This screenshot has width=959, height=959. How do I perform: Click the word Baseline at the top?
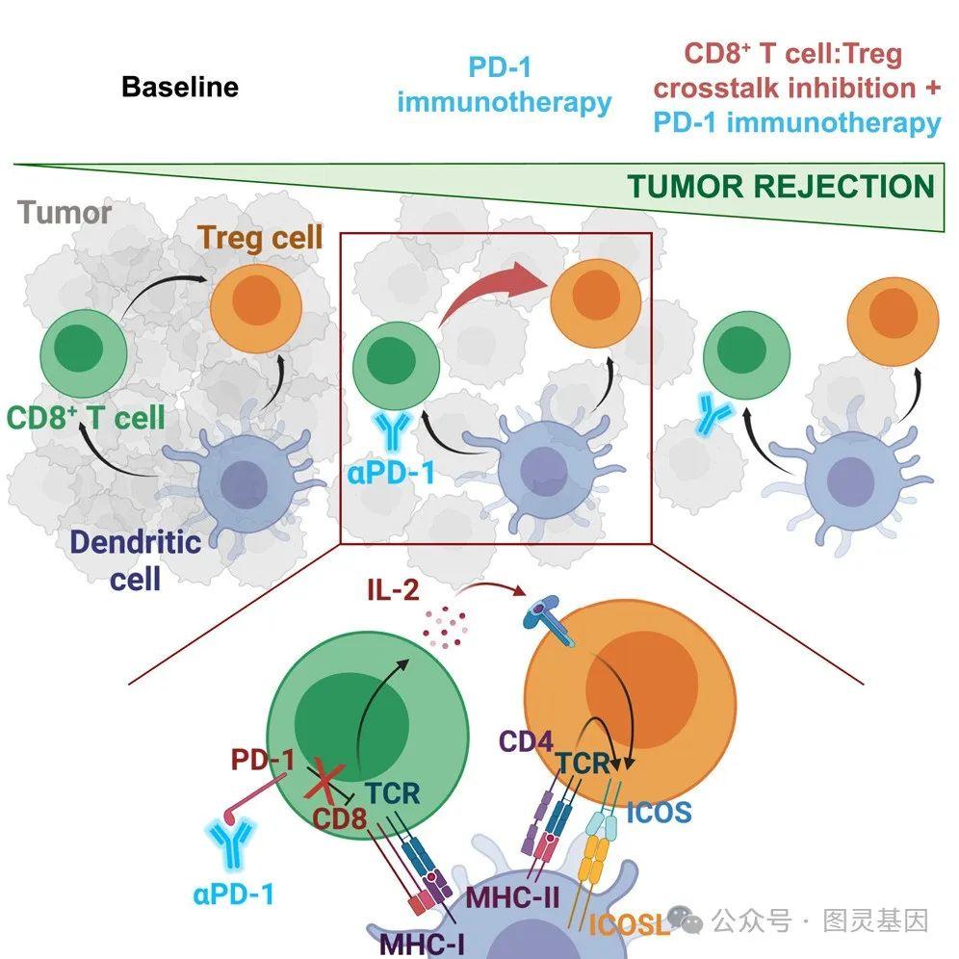[179, 88]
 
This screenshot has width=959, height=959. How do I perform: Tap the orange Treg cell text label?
[260, 237]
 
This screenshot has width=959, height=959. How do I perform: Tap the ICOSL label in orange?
[629, 925]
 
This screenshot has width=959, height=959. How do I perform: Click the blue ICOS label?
[658, 812]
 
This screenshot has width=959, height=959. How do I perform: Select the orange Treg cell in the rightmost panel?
[892, 323]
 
